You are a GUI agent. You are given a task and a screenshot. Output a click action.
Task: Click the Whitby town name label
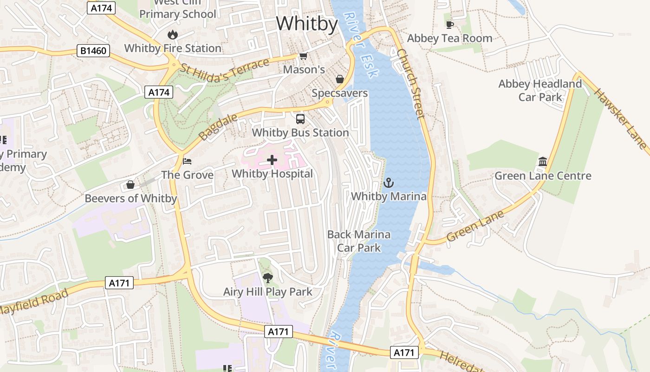click(307, 23)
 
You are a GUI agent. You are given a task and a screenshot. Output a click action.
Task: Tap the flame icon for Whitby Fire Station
click(173, 34)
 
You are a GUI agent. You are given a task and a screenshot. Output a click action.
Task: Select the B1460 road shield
click(93, 51)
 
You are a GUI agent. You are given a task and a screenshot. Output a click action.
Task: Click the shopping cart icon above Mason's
click(303, 56)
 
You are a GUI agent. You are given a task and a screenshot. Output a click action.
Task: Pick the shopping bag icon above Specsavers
click(340, 79)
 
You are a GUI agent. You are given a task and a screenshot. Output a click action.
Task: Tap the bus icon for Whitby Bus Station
click(300, 119)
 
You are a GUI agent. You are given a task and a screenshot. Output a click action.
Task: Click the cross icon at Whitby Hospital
click(272, 160)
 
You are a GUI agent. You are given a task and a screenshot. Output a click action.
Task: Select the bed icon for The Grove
click(187, 161)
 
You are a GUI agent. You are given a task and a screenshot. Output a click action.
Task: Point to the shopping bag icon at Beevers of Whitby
click(130, 185)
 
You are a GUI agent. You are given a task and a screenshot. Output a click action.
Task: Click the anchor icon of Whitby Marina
click(389, 183)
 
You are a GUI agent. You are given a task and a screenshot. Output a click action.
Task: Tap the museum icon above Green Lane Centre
click(543, 162)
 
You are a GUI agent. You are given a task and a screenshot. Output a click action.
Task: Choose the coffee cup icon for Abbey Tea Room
click(449, 25)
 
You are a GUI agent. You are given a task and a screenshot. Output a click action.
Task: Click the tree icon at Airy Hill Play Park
click(267, 278)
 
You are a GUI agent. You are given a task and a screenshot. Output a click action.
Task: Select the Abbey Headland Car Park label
click(540, 90)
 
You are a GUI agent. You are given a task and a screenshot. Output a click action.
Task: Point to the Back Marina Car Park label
click(359, 241)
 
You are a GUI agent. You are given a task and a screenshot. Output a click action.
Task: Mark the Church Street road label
click(411, 84)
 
